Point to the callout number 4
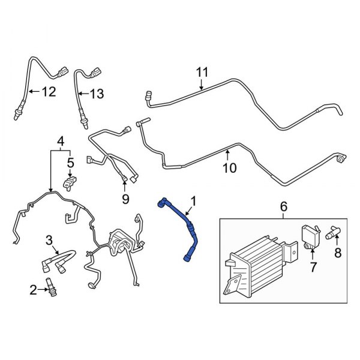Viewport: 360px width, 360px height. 60,142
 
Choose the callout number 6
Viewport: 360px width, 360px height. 284,207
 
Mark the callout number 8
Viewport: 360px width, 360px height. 338,254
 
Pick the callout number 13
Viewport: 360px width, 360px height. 97,94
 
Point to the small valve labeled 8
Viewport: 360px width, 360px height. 331,232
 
